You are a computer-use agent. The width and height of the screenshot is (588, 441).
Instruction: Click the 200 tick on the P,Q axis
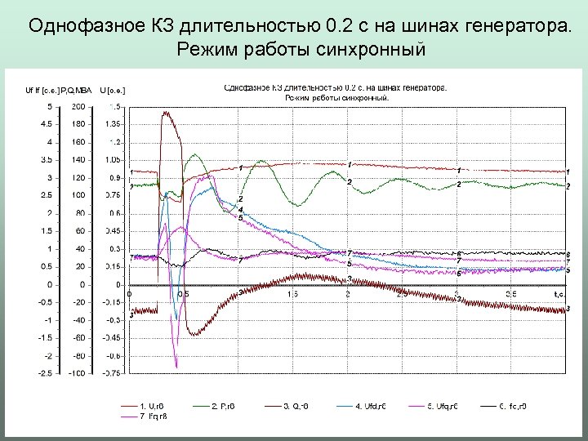[78, 106]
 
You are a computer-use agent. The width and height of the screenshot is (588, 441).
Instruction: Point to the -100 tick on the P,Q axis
[76, 373]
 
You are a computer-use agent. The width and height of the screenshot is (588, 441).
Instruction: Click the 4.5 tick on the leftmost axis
[48, 124]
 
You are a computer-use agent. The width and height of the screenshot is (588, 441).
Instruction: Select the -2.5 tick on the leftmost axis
[47, 373]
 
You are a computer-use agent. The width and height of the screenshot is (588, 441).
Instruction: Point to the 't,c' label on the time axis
[559, 293]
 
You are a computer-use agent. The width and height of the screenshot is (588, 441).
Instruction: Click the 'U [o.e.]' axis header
[114, 89]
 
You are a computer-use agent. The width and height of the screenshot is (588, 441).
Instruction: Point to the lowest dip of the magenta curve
[176, 367]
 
